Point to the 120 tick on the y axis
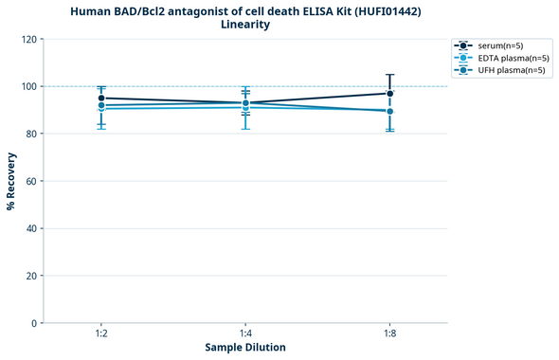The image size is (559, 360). point(30,39)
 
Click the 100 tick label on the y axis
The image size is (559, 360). point(30,86)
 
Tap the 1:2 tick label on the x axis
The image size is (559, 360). point(100,334)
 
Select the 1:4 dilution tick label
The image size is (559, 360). point(245,334)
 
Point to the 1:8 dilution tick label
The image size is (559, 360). point(389,334)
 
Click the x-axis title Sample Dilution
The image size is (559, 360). point(245,348)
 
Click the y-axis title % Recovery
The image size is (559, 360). point(10,181)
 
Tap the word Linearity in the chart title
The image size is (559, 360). point(245,25)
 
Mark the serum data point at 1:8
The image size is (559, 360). point(389,93)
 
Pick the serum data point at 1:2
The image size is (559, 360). point(101,98)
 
